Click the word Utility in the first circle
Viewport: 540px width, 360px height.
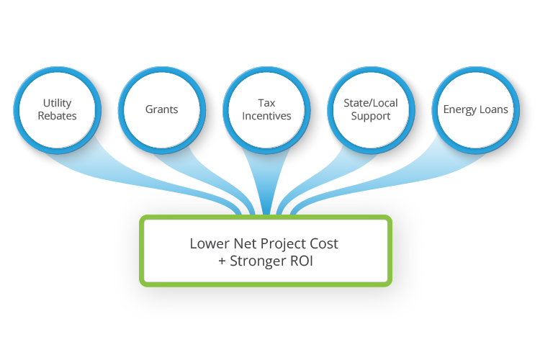pyautogui.click(x=57, y=104)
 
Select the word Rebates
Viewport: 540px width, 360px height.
pyautogui.click(x=57, y=116)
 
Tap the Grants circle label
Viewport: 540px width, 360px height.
pyautogui.click(x=161, y=110)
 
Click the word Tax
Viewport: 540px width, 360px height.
pyautogui.click(x=266, y=104)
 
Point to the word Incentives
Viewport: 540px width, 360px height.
pyautogui.click(x=266, y=116)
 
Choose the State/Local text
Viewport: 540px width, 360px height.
pyautogui.click(x=371, y=104)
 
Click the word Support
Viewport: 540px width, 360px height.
pyautogui.click(x=371, y=116)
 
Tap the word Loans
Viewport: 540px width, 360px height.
pyautogui.click(x=494, y=110)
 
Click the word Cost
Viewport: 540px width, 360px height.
pyautogui.click(x=324, y=243)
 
